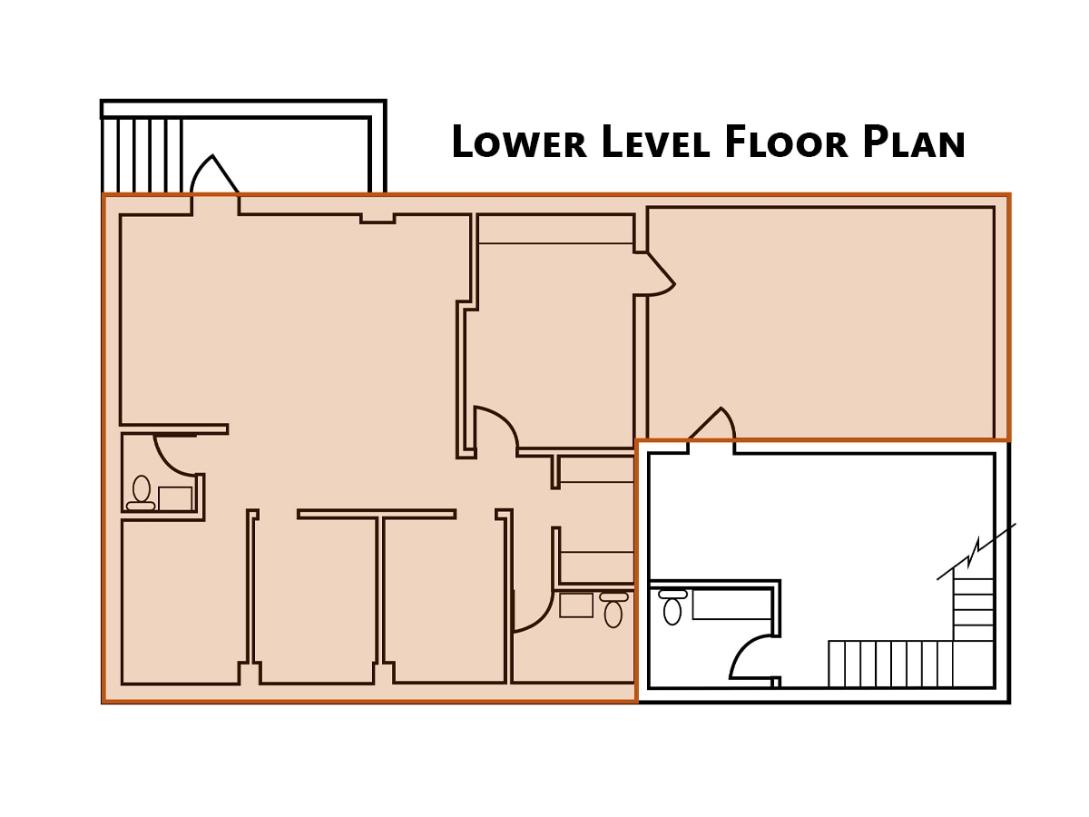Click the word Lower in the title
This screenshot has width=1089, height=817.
pos(518,143)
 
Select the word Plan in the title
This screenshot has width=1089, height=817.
pos(913,143)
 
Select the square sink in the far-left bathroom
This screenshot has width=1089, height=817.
pos(175,498)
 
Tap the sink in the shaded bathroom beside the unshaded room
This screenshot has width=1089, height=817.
pos(576,605)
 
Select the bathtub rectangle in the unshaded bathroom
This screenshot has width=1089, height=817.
pos(731,604)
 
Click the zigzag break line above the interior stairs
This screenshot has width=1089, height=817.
pos(976,550)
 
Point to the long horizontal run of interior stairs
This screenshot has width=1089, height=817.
pos(889,664)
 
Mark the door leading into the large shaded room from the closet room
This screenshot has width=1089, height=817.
pos(659,273)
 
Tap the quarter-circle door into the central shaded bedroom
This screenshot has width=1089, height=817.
pos(495,428)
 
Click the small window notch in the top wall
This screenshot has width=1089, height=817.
pos(378,219)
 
